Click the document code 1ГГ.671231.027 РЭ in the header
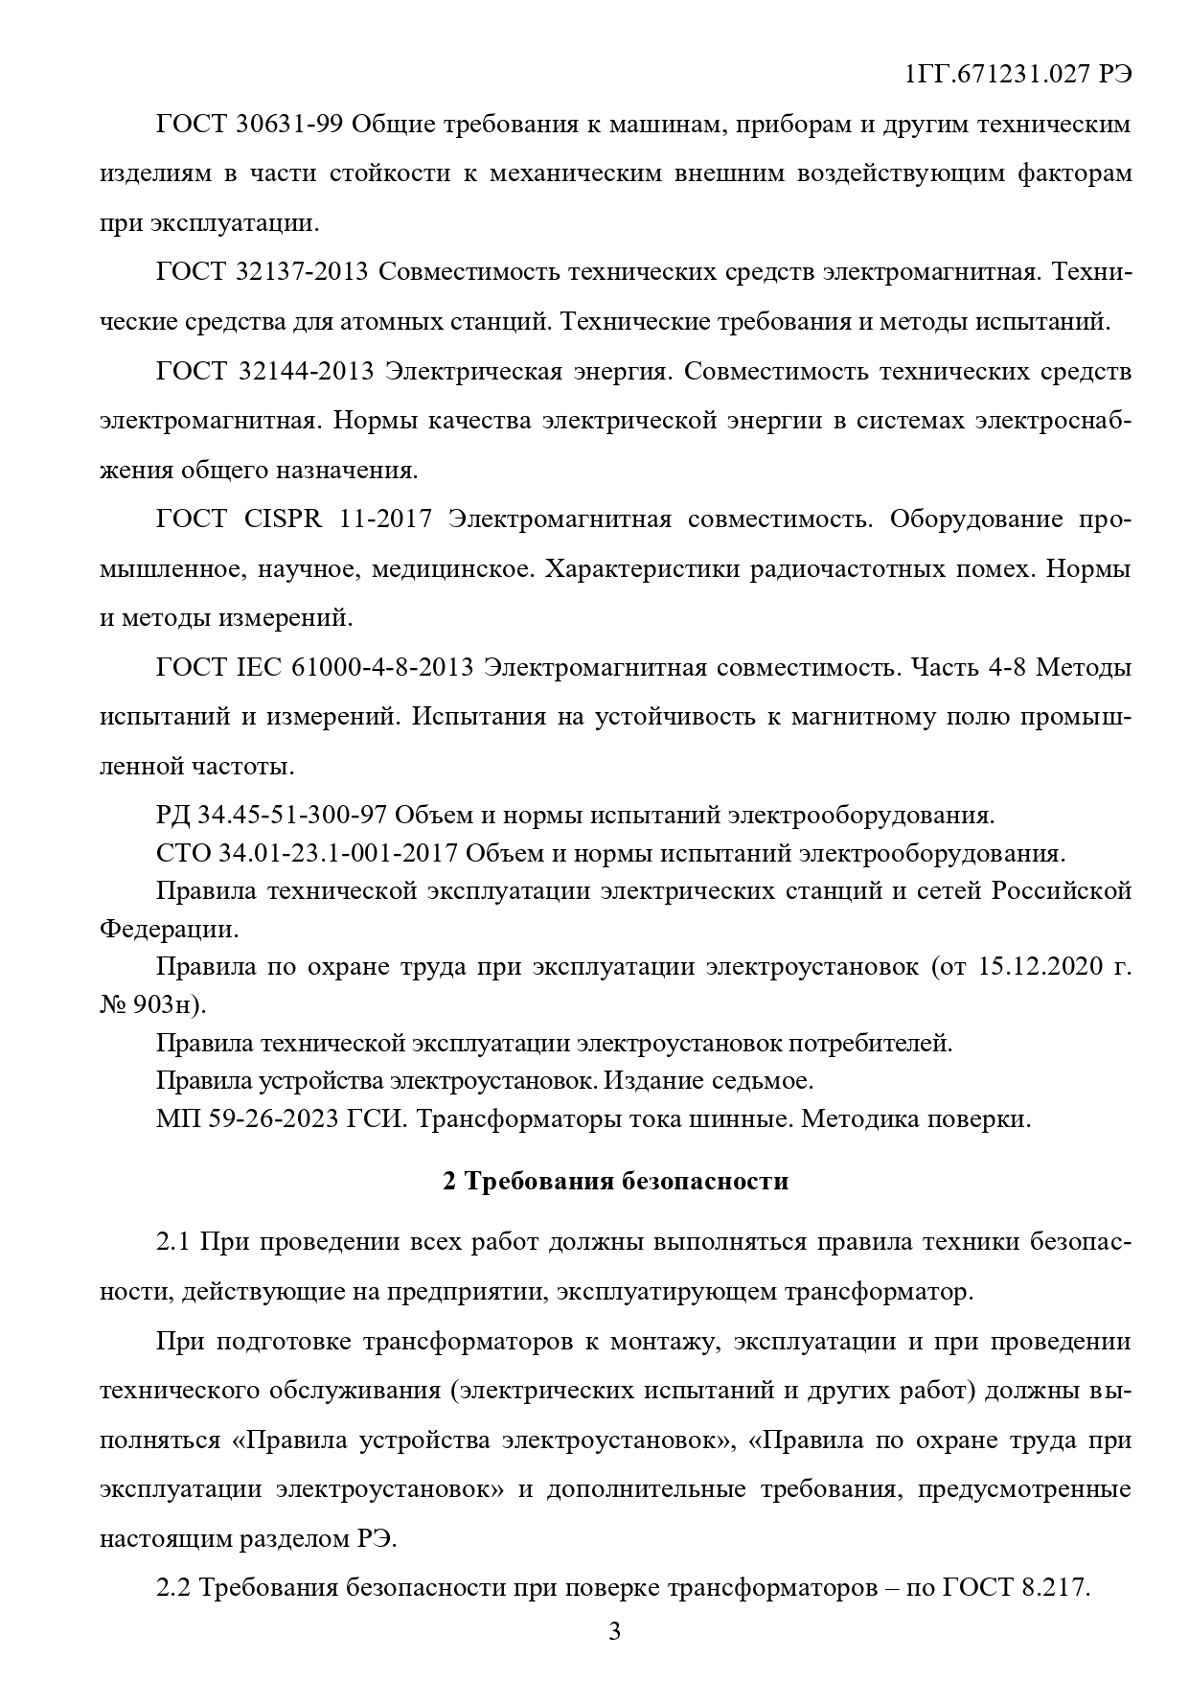(1018, 75)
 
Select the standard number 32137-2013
(301, 272)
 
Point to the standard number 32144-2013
(305, 371)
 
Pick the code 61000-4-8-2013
(381, 667)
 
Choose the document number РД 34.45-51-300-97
(270, 816)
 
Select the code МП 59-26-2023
(243, 1118)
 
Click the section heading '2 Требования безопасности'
(615, 1181)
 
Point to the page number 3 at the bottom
(615, 1631)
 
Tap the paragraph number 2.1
(175, 1242)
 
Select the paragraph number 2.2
(175, 1587)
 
